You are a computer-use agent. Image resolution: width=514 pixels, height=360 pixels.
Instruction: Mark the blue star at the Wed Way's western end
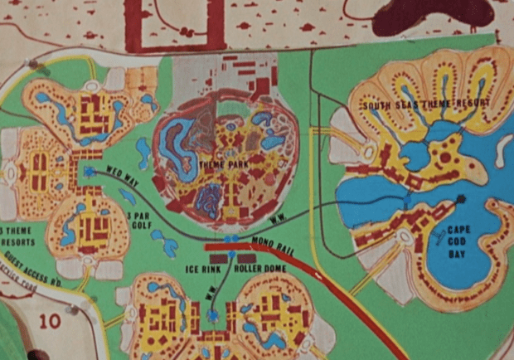(x=88, y=172)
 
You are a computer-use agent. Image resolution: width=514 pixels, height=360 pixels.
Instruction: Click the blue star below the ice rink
(x=213, y=316)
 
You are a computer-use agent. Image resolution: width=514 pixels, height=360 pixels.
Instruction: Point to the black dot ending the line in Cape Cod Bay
(x=460, y=199)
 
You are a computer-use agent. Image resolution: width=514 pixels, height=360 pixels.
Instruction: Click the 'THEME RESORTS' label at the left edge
(x=19, y=236)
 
